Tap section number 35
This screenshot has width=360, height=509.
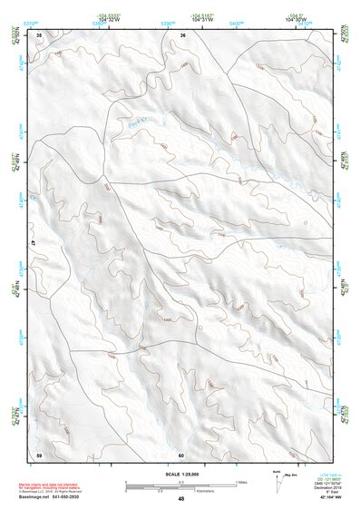(x=39, y=35)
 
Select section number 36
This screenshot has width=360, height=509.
(x=182, y=35)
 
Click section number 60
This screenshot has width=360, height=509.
(x=181, y=455)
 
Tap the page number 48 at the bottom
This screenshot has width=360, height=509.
(x=180, y=499)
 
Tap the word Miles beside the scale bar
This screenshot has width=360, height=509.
(x=241, y=482)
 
